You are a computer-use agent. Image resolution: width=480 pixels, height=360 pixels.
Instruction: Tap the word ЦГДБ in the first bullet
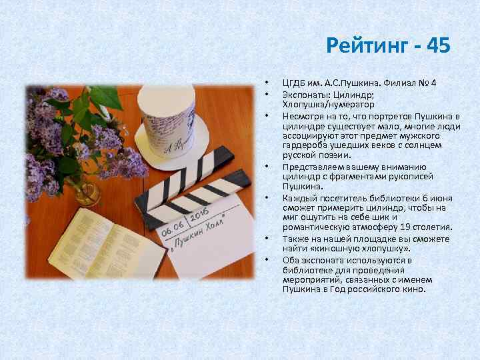(295, 83)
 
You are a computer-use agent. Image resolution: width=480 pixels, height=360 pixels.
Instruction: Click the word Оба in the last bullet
(291, 259)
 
